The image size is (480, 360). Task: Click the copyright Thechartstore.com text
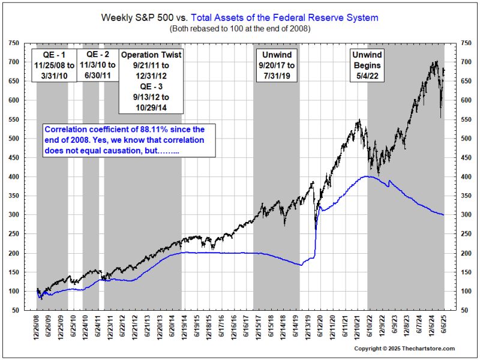click(404, 349)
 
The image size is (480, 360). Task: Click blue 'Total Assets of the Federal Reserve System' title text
click(285, 17)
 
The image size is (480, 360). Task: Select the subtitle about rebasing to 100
click(239, 28)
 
